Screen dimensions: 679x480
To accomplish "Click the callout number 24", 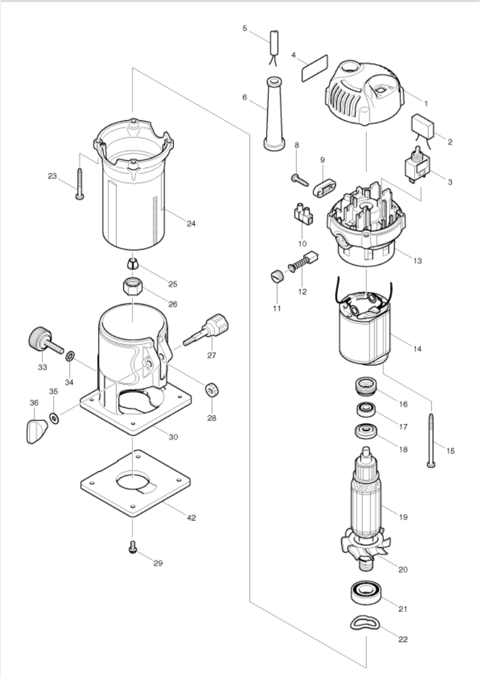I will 191,224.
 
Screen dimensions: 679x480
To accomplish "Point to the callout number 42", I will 191,518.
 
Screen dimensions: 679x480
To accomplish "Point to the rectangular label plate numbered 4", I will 314,67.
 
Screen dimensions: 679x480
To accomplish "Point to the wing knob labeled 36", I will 37,430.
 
